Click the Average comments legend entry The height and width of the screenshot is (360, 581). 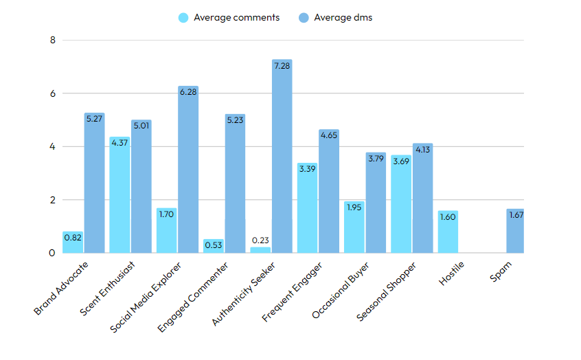coord(229,17)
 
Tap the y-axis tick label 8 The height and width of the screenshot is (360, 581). coord(52,40)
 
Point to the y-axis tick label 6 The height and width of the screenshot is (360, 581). coord(52,93)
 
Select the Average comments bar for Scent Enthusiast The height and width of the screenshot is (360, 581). coord(119,195)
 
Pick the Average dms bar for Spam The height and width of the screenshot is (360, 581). coord(516,231)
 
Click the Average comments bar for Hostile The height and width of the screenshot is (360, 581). coord(448,232)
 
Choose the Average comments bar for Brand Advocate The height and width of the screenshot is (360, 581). coord(73,243)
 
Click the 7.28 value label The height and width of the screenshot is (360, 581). coord(282,66)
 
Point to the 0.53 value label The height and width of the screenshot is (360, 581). coord(214,245)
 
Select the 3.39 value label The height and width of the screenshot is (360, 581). coord(307,168)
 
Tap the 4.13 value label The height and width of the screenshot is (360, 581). coord(422,149)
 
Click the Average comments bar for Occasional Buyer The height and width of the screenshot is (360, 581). coord(354,227)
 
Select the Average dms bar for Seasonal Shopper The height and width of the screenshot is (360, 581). coord(422,199)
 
